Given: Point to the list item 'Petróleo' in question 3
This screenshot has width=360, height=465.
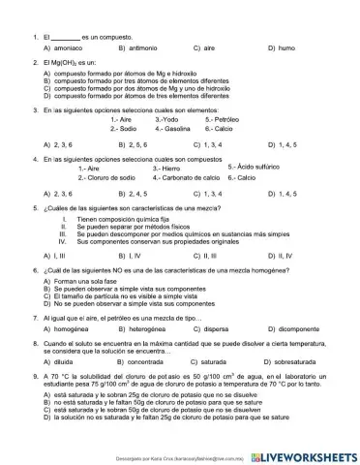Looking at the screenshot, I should [x=230, y=118].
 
